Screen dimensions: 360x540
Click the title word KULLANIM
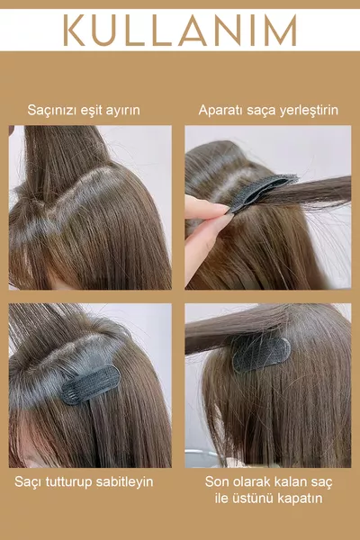tap(180, 31)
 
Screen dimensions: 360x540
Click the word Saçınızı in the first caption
tap(52, 111)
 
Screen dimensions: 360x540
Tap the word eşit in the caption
tap(91, 111)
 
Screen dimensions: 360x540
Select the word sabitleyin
tap(124, 481)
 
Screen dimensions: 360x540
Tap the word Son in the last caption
tap(217, 481)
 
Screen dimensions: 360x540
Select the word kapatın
tap(300, 499)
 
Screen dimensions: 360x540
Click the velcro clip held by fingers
tap(262, 191)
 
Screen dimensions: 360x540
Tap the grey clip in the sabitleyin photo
tap(91, 384)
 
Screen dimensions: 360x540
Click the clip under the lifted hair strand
tap(262, 355)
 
